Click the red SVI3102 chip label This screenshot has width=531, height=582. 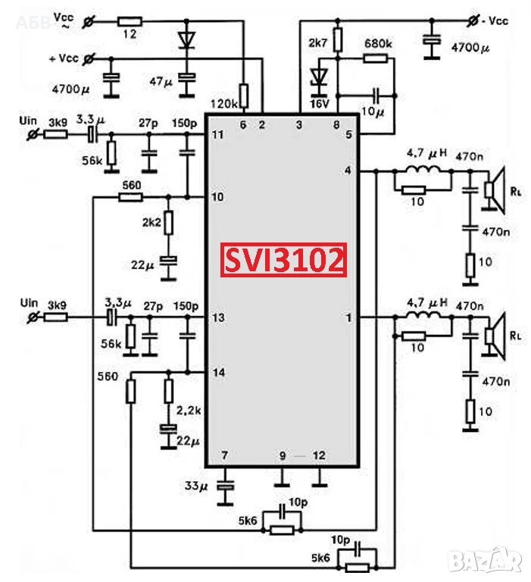(x=283, y=260)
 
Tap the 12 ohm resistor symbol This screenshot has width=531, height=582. (x=129, y=21)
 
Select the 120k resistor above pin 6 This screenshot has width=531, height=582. (x=243, y=95)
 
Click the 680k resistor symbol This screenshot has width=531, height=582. (x=375, y=58)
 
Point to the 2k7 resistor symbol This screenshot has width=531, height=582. (x=337, y=39)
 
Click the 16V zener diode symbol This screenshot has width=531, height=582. (x=319, y=77)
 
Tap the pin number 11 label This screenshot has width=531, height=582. (x=218, y=134)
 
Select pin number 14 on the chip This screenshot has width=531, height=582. (x=219, y=372)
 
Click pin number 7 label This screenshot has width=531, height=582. (x=224, y=455)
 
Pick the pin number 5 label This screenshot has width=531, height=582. (x=348, y=134)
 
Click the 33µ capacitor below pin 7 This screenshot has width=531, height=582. (x=225, y=486)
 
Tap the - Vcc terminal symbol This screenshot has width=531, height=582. (x=473, y=21)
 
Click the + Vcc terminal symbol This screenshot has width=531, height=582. (x=89, y=58)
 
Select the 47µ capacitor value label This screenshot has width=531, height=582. (x=161, y=81)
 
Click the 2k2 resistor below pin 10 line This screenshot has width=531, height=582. (x=168, y=223)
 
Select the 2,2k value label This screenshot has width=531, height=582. (x=189, y=411)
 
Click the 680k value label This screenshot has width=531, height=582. (x=378, y=43)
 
